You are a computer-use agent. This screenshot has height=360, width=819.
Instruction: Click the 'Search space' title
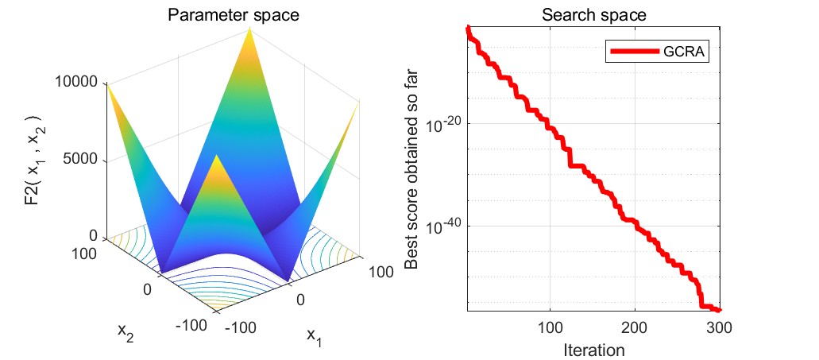(x=593, y=14)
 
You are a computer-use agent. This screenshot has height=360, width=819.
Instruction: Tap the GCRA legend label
(x=685, y=52)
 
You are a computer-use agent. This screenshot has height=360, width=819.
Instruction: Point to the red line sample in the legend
(x=634, y=52)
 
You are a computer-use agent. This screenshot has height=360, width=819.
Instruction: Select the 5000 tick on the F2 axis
(x=79, y=159)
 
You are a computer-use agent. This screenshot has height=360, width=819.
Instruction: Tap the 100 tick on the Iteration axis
(x=550, y=328)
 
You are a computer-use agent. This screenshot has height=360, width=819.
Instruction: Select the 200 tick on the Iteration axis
(x=635, y=328)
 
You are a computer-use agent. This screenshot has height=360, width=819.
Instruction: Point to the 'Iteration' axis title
(x=593, y=349)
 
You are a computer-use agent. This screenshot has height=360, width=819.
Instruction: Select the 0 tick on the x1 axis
(x=300, y=299)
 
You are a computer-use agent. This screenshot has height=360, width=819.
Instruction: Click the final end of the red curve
(x=719, y=310)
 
